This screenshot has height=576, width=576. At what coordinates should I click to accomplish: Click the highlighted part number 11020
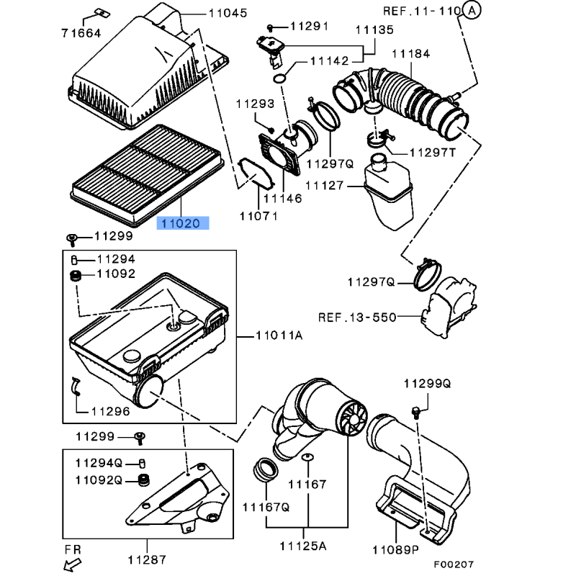coord(183,223)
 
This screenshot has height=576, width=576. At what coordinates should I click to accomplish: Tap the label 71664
coord(81,33)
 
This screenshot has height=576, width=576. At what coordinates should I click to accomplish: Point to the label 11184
coord(411,53)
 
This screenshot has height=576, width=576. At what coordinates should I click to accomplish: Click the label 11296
coord(110,411)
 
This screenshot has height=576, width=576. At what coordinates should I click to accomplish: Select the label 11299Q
coord(426,384)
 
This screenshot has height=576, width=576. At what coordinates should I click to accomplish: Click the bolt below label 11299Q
coord(415,411)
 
